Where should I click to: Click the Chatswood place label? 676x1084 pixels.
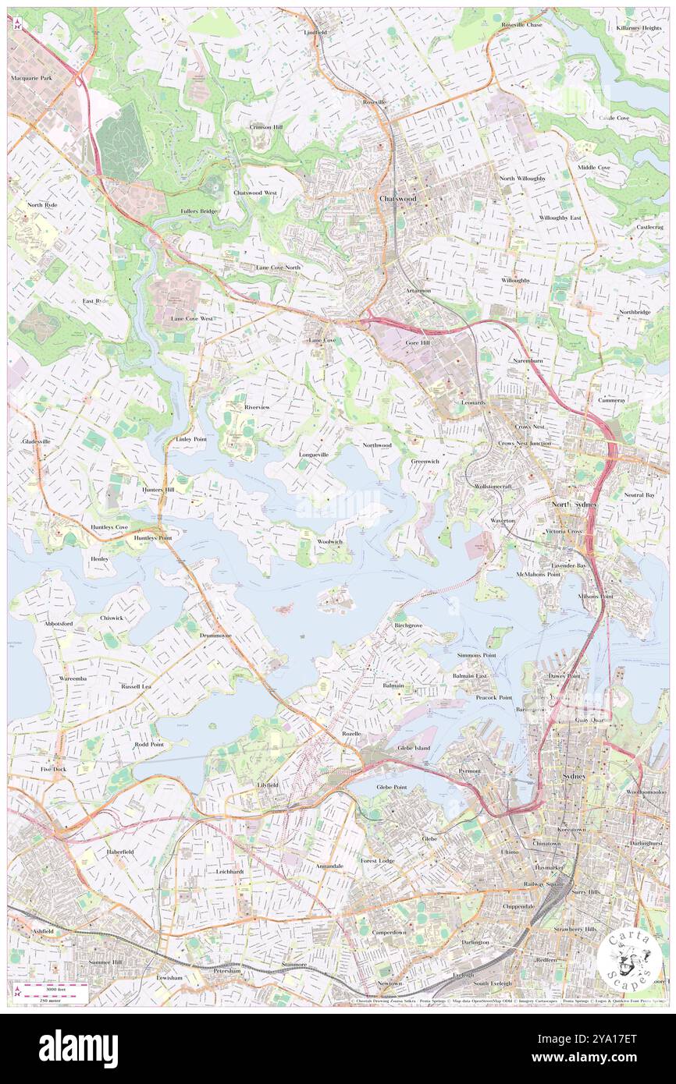[398, 199]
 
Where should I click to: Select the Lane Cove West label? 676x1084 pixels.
[192, 319]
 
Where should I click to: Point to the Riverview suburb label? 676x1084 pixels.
[257, 407]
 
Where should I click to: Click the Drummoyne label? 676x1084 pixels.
[214, 636]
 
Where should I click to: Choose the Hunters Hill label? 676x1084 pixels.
[158, 489]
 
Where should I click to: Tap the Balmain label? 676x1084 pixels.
[393, 685]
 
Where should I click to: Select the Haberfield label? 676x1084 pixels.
[119, 852]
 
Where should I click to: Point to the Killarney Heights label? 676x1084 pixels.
[638, 27]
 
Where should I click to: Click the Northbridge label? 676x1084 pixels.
[635, 312]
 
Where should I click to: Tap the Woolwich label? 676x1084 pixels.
[330, 541]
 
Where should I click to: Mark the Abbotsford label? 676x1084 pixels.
[37, 624]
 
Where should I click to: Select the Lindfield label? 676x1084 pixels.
[315, 33]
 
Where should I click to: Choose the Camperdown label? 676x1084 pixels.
[389, 932]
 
